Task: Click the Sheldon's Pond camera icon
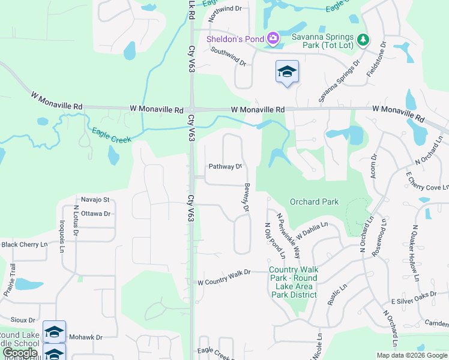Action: tap(273, 39)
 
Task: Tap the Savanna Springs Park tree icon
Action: tap(363, 40)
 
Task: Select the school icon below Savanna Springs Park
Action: tap(287, 72)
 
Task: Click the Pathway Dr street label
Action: tap(225, 166)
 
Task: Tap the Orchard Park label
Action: tap(314, 202)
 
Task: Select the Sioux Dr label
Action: tap(23, 320)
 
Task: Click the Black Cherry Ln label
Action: tap(24, 244)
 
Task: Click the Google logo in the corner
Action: tap(20, 352)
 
